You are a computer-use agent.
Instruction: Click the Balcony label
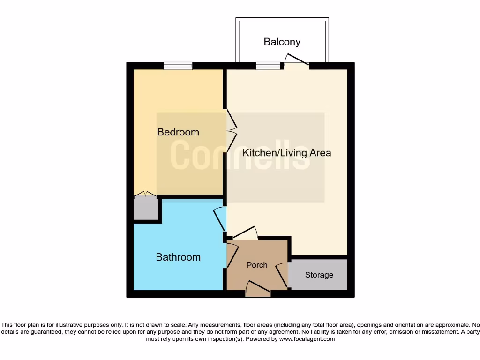tap(282, 42)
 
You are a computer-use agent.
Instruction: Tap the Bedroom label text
tap(178, 132)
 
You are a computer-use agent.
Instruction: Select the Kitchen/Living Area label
tap(286, 153)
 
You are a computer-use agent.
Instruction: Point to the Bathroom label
tap(178, 257)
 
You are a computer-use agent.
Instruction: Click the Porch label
tap(257, 265)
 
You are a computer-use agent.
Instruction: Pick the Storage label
tap(319, 275)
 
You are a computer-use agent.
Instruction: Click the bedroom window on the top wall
tap(178, 66)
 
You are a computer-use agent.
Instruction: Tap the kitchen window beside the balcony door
tap(268, 66)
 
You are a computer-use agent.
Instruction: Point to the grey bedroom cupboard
tap(145, 208)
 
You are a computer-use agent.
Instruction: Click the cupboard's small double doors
tap(145, 194)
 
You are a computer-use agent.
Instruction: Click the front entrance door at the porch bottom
tap(258, 289)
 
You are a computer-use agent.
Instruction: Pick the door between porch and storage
tap(282, 275)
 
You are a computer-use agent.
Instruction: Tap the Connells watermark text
tap(240, 155)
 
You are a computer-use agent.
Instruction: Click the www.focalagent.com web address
tap(307, 339)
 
